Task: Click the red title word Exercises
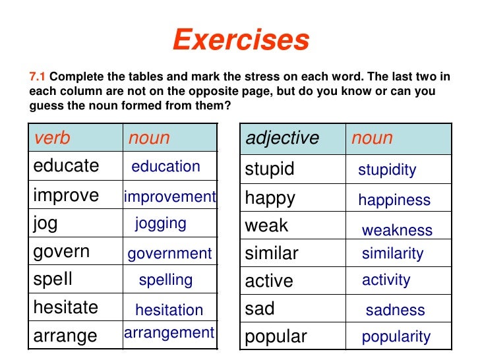(241, 41)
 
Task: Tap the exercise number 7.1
(38, 77)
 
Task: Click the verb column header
(52, 138)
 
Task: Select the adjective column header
(282, 138)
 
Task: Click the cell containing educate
(66, 165)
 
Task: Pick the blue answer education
(165, 167)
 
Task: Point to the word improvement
(169, 196)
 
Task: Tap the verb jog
(45, 224)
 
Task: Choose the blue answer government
(169, 253)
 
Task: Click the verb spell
(53, 280)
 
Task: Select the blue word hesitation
(169, 310)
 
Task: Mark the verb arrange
(65, 336)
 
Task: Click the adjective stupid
(270, 169)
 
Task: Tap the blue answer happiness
(394, 200)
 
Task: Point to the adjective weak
(266, 225)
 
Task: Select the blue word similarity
(392, 253)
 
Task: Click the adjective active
(269, 282)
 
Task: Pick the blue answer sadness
(395, 311)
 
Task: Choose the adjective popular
(276, 337)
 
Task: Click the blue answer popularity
(396, 338)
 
